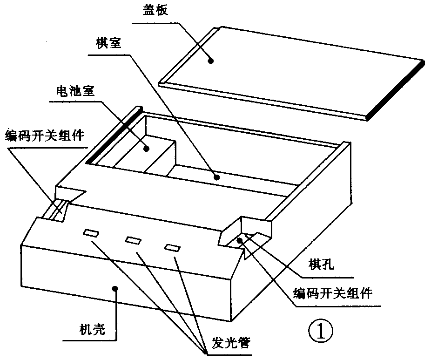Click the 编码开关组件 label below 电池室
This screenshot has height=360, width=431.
point(44,136)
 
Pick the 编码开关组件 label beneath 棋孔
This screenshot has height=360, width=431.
point(333,293)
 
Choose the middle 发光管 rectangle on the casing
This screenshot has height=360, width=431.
point(133,241)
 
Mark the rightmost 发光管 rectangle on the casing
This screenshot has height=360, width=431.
point(172,248)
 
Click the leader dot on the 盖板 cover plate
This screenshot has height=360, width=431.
point(211,60)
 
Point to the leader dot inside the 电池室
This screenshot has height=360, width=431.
point(146,149)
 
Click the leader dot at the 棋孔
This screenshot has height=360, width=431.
point(239,240)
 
